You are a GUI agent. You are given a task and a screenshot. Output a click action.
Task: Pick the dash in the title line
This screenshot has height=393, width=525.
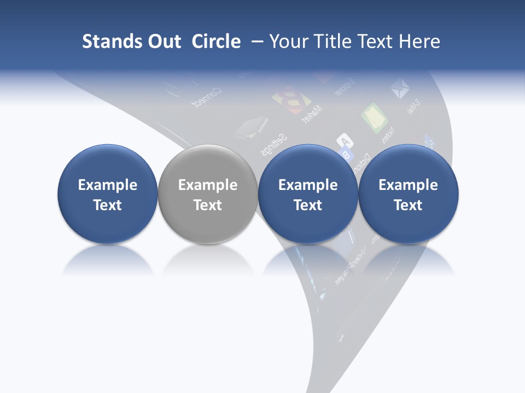pos(256,42)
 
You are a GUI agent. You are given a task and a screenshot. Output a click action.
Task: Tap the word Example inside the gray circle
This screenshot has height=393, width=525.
pos(208,185)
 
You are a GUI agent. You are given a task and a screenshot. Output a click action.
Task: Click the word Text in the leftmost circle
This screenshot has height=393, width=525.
pos(108,205)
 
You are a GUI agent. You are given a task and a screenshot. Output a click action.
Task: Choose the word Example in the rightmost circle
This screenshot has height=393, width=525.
pos(408,185)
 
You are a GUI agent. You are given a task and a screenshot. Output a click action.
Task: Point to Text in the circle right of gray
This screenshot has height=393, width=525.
pos(308,205)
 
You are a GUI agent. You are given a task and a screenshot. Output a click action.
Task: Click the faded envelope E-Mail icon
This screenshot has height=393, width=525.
pos(400,88)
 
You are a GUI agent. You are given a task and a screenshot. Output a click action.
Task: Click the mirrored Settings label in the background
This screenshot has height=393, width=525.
pos(273,143)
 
